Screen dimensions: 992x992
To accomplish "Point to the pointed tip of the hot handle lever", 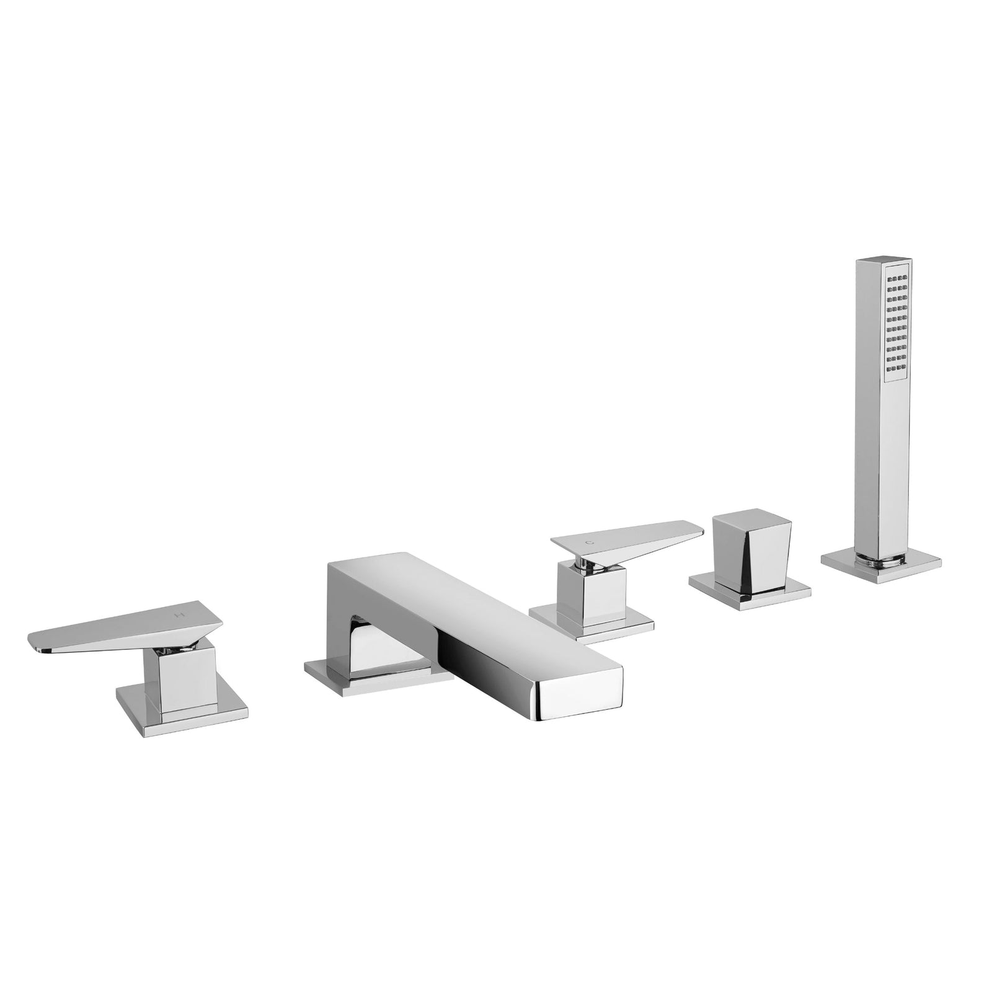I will (35, 645).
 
